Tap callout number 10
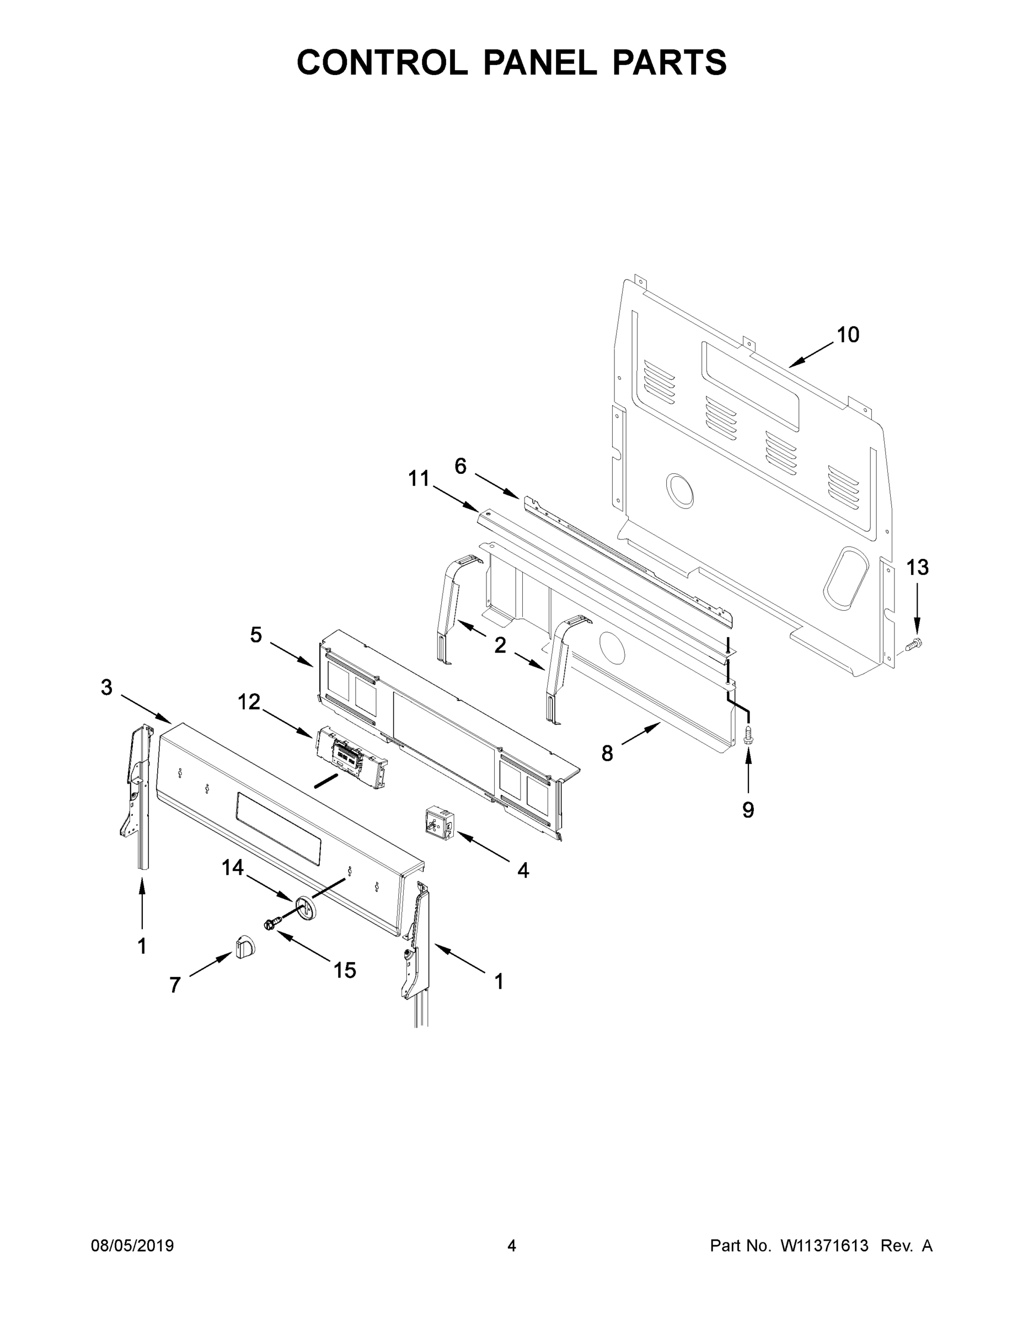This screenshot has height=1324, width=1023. pyautogui.click(x=848, y=335)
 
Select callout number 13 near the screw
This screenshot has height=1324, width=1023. pyautogui.click(x=917, y=568)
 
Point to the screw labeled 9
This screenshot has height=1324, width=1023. pyautogui.click(x=748, y=735)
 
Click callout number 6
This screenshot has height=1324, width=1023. pyautogui.click(x=460, y=466)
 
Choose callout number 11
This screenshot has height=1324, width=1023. pyautogui.click(x=418, y=479)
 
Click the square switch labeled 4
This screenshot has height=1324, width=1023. pyautogui.click(x=441, y=823)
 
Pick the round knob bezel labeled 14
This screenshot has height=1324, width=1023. pyautogui.click(x=308, y=907)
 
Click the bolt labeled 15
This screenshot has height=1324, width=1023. pyautogui.click(x=272, y=923)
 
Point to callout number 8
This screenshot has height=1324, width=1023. pyautogui.click(x=607, y=754)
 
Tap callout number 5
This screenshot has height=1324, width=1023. pyautogui.click(x=256, y=636)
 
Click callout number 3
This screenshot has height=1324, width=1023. pyautogui.click(x=106, y=687)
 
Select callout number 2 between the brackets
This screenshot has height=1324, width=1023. pyautogui.click(x=500, y=645)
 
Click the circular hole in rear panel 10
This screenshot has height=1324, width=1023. pyautogui.click(x=680, y=490)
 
